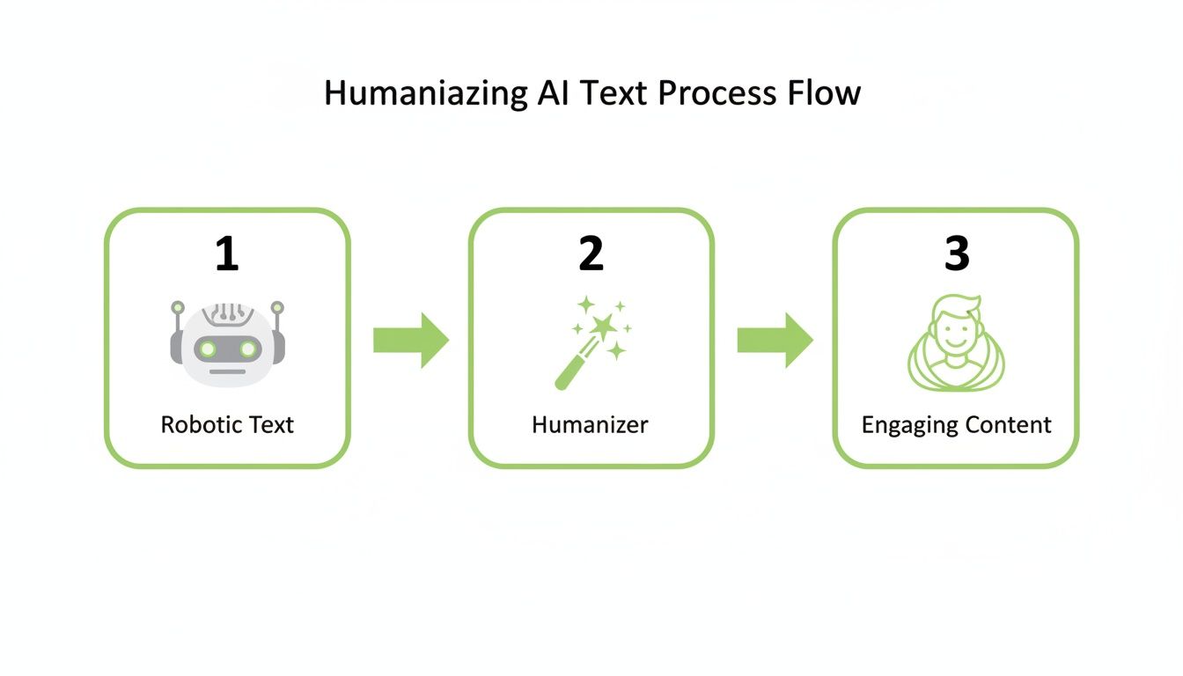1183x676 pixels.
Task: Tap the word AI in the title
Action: (x=555, y=92)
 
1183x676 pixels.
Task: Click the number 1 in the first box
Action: (x=227, y=253)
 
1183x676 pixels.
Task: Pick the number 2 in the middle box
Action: (x=591, y=253)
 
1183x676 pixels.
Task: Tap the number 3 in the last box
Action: (x=956, y=253)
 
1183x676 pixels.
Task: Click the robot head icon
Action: (x=227, y=343)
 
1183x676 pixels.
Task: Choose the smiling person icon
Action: (x=956, y=343)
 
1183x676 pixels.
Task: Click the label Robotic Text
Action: (x=227, y=425)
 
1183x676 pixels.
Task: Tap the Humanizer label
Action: (x=590, y=425)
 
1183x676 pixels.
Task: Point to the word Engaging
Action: (x=905, y=426)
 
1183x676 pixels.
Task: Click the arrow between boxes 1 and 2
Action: (x=410, y=340)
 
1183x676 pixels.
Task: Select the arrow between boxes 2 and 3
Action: (x=775, y=340)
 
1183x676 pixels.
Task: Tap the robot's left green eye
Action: (x=208, y=349)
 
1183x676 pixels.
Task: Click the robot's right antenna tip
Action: (x=277, y=308)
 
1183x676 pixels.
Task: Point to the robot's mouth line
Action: (x=227, y=371)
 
